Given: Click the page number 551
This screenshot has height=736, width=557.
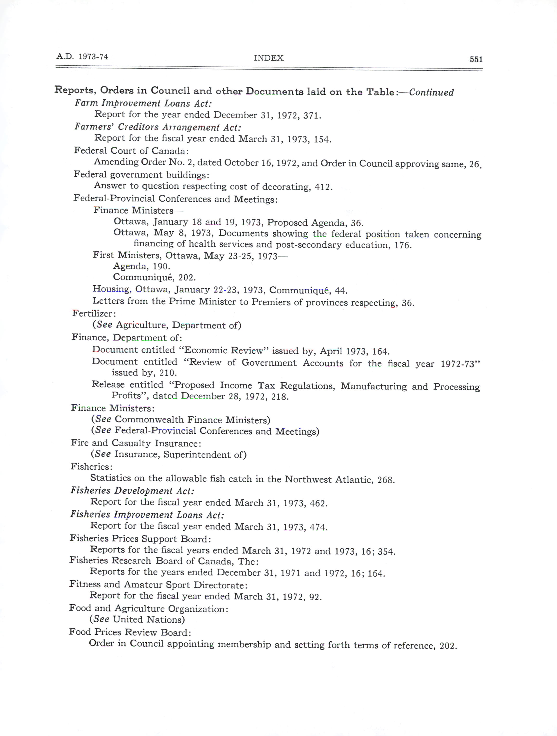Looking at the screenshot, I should click(x=476, y=59).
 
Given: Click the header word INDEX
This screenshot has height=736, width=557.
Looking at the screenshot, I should click(x=268, y=58).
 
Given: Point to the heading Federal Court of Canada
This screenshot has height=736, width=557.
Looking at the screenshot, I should click(x=131, y=151).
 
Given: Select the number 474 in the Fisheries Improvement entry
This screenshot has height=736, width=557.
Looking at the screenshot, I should click(x=318, y=527).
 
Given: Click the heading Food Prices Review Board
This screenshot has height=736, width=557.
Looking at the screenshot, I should click(x=130, y=632).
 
